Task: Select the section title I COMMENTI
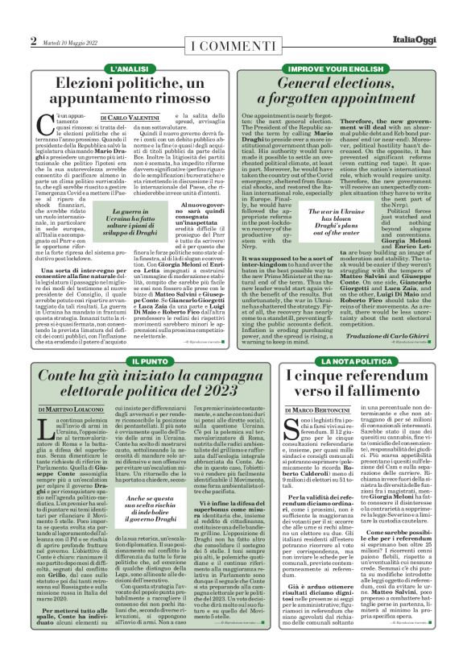pos(233,41)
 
